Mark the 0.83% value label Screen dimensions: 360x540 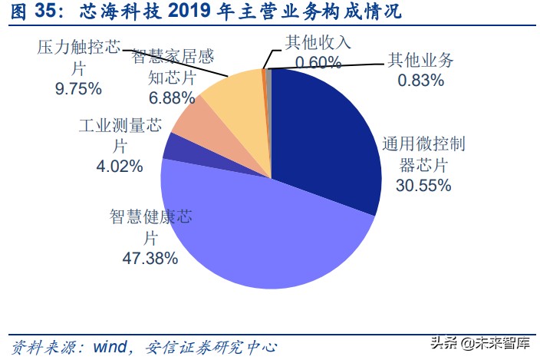click(420, 79)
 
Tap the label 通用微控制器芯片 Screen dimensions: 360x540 click(423, 154)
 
